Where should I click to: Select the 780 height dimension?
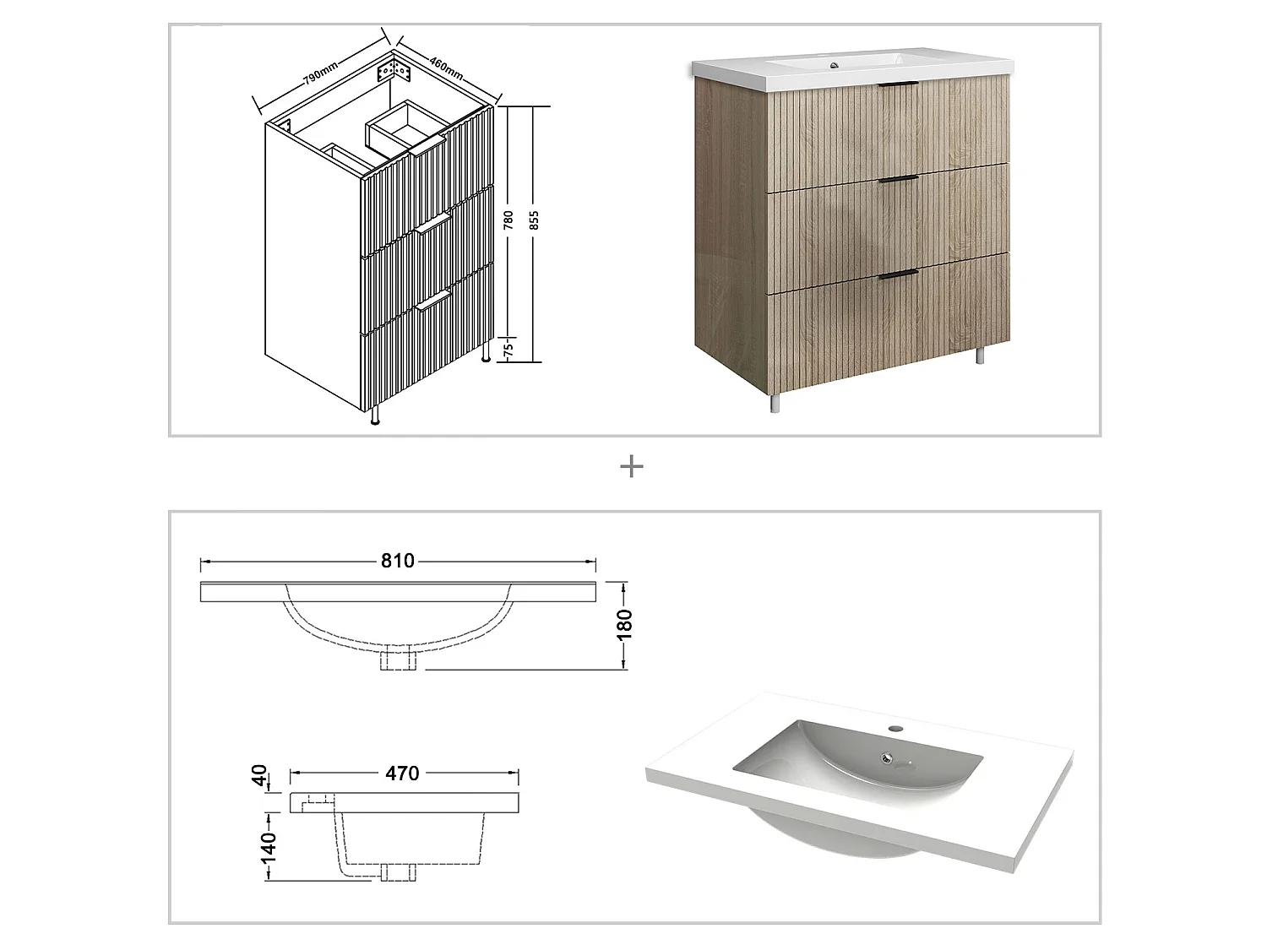(x=508, y=221)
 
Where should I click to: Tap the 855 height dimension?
(x=534, y=221)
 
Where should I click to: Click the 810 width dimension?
(x=397, y=562)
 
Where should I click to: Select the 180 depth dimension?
(x=626, y=625)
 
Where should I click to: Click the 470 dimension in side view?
(x=402, y=774)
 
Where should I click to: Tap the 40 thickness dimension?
(x=261, y=775)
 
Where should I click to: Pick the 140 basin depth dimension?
(x=268, y=845)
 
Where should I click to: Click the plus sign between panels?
(x=632, y=466)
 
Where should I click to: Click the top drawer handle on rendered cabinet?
(x=897, y=85)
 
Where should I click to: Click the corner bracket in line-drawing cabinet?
(x=399, y=68)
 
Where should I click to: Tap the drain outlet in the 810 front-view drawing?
(x=397, y=659)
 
